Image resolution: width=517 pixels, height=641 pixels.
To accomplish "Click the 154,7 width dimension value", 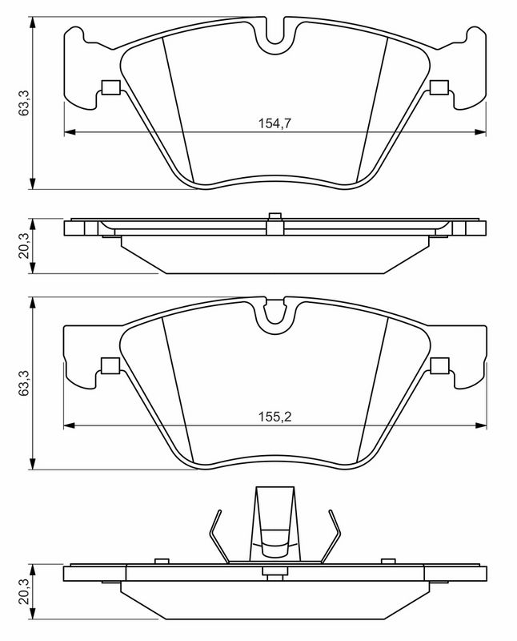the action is click(275, 123).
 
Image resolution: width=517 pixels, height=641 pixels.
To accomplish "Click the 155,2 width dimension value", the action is click(275, 417).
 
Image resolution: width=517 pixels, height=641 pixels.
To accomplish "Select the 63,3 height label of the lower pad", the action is click(24, 383).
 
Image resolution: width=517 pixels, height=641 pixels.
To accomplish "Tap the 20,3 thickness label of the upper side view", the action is click(24, 245).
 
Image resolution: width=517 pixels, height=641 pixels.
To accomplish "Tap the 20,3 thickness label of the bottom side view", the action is click(24, 591).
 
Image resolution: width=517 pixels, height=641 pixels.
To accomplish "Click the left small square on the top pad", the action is click(110, 87).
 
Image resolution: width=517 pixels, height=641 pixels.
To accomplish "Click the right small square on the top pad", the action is click(439, 87).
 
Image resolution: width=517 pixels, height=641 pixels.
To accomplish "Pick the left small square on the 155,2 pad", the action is click(110, 365).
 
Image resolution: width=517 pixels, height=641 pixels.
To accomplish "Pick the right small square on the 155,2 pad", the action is click(440, 365).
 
